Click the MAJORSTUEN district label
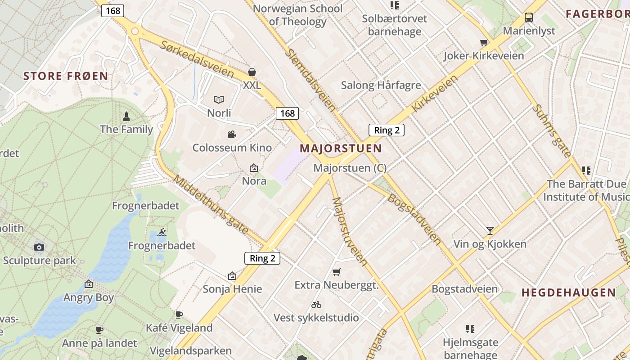tap(341, 148)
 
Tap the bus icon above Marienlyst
tap(529, 18)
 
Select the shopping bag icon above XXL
tap(252, 72)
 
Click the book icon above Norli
tap(219, 99)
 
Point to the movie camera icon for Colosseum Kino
tap(232, 134)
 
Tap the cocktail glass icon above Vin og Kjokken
tap(490, 231)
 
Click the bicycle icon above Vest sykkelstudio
tap(316, 305)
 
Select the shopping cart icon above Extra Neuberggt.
tap(336, 272)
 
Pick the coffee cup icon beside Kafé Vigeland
tap(179, 315)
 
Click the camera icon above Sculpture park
tap(39, 247)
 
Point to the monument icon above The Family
tap(126, 116)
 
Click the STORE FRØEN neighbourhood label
tap(66, 76)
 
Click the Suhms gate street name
tap(551, 131)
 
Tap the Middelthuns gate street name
tap(211, 205)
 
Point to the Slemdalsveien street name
tap(310, 80)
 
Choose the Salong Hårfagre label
tap(381, 85)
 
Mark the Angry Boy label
tap(89, 297)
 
